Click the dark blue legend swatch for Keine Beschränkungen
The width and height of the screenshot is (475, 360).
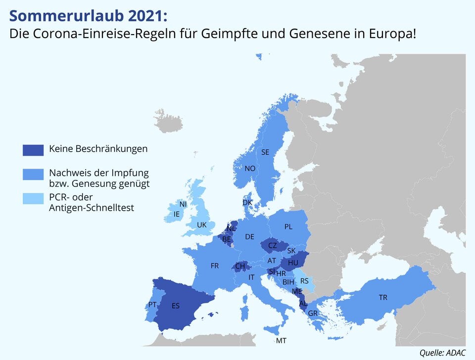click(33, 149)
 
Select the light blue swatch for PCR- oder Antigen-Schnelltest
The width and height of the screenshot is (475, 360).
click(33, 198)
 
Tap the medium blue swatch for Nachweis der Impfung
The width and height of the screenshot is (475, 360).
click(33, 174)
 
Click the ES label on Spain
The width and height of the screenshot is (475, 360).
click(176, 306)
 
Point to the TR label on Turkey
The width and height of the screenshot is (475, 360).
click(383, 298)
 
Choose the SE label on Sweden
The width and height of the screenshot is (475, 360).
click(265, 152)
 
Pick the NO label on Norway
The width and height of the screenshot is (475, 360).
click(250, 169)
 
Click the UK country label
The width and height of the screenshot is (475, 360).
click(201, 225)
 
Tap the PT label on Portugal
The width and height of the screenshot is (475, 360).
click(152, 305)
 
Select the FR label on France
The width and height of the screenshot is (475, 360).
click(215, 266)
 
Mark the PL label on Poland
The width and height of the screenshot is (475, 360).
click(288, 227)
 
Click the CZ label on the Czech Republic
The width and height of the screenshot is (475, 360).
click(273, 245)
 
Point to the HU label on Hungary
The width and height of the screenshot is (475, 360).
click(293, 263)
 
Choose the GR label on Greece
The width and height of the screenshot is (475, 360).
click(313, 314)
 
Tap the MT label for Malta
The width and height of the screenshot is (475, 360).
click(281, 341)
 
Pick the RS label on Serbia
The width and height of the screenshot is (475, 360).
click(304, 281)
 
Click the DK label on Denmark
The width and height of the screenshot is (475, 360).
click(247, 203)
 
